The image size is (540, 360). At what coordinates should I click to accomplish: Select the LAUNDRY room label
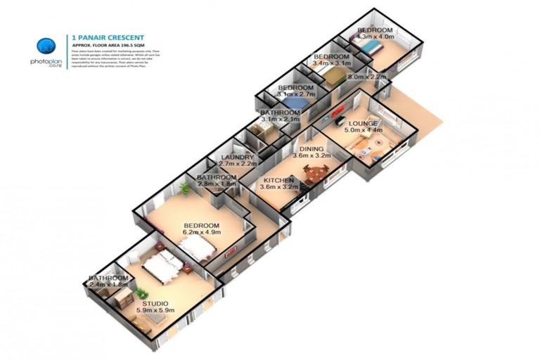pos(232,157)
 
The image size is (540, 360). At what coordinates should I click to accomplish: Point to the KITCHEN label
pos(276,180)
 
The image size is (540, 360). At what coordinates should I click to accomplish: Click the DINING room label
pos(311,149)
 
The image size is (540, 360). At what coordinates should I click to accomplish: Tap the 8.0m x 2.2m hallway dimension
pos(367,77)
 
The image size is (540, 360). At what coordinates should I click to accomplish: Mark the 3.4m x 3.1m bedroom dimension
pos(330,63)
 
